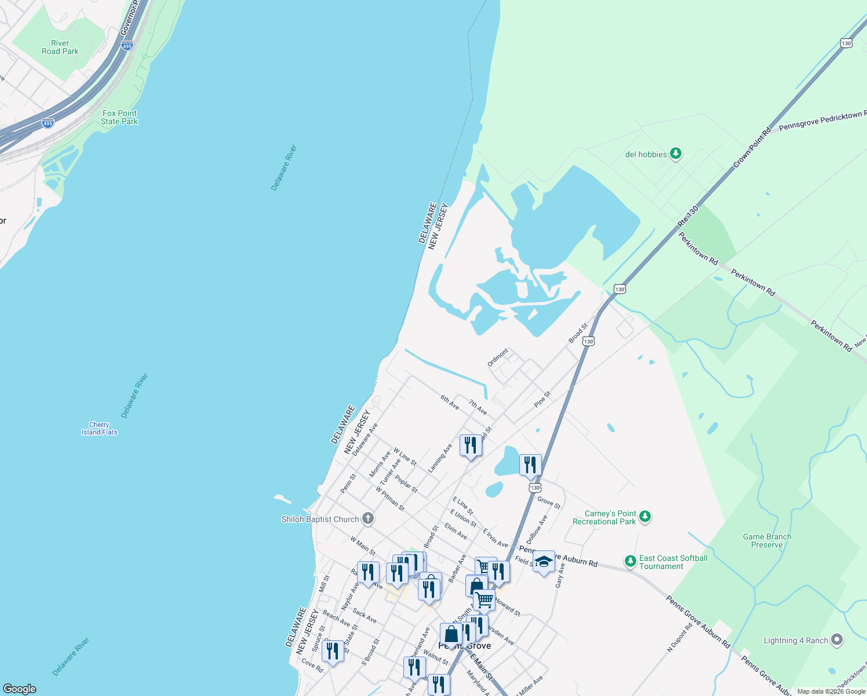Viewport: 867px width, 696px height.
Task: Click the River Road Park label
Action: pyautogui.click(x=60, y=47)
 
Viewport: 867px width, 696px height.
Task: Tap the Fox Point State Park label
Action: pyautogui.click(x=119, y=117)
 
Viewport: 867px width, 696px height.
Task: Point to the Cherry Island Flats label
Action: pyautogui.click(x=100, y=429)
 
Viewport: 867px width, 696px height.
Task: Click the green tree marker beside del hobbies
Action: pyautogui.click(x=675, y=154)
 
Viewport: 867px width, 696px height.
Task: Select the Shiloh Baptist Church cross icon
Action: pyautogui.click(x=368, y=519)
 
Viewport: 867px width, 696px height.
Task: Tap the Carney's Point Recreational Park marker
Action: pyautogui.click(x=645, y=516)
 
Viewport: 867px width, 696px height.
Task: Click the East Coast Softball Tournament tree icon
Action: pyautogui.click(x=630, y=561)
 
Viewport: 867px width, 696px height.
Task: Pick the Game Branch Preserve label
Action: pyautogui.click(x=767, y=541)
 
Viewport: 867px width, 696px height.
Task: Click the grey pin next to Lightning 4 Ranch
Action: pyautogui.click(x=836, y=640)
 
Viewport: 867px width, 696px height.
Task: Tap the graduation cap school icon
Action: pyautogui.click(x=544, y=561)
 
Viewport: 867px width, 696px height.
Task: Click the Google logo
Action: pyautogui.click(x=19, y=688)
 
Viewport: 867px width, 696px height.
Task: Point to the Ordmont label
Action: pyautogui.click(x=498, y=357)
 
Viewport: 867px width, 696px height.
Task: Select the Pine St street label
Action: pyautogui.click(x=542, y=398)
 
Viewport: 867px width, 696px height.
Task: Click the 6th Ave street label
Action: pyautogui.click(x=450, y=403)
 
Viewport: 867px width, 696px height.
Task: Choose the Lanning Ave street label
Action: pyautogui.click(x=440, y=458)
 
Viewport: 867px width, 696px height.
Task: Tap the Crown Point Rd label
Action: pyautogui.click(x=752, y=148)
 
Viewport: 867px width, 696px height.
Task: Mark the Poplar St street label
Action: pyautogui.click(x=406, y=484)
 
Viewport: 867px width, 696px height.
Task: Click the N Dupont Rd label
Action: pyautogui.click(x=680, y=637)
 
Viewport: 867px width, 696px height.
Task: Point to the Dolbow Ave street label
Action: pyautogui.click(x=537, y=528)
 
